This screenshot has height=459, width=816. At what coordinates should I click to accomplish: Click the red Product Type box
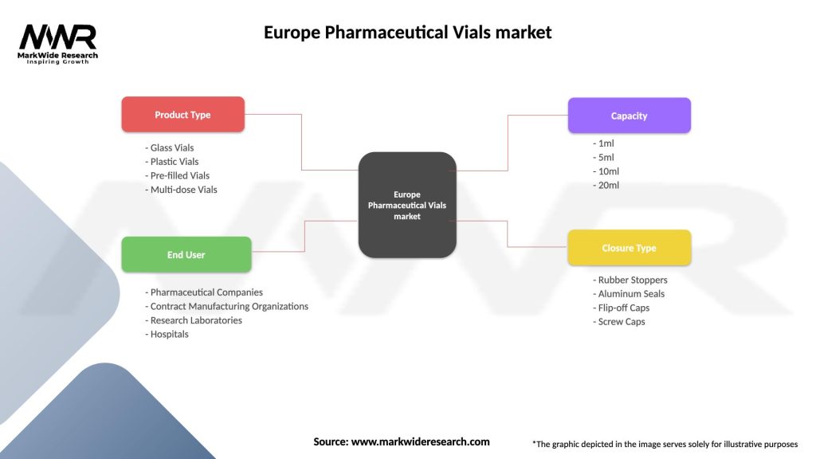(182, 115)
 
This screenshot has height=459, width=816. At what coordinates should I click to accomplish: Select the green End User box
(186, 255)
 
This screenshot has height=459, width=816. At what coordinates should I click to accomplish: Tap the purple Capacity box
(629, 116)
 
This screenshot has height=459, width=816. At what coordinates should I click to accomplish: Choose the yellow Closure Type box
(629, 248)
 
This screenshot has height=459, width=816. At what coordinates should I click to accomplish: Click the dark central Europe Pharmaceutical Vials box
(407, 205)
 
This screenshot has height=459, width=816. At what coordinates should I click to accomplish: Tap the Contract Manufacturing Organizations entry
(227, 306)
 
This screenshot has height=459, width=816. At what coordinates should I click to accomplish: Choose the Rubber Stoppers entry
(630, 280)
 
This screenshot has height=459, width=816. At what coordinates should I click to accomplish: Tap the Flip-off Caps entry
(622, 308)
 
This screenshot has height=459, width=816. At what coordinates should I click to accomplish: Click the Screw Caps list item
(619, 322)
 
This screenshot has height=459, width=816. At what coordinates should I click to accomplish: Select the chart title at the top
(407, 33)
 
